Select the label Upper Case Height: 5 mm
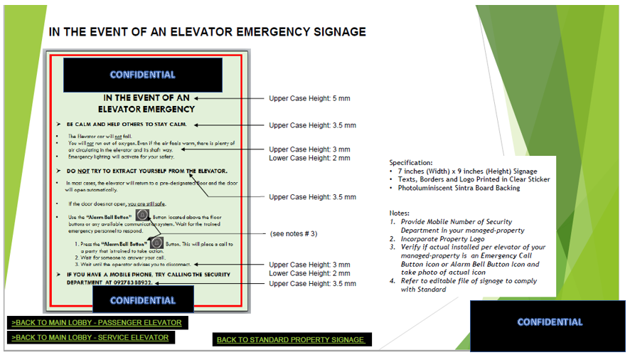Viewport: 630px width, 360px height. (309, 98)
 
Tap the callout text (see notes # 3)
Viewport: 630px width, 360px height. (294, 233)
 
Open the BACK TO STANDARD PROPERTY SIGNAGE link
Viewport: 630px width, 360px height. (290, 340)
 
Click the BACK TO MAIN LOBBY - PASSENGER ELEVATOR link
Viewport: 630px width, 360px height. (97, 323)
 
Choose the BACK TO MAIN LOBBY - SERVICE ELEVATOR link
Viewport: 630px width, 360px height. (90, 337)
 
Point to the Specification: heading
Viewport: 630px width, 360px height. (410, 163)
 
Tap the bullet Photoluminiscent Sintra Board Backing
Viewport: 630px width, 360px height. (459, 188)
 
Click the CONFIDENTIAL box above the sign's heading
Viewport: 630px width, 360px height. (142, 75)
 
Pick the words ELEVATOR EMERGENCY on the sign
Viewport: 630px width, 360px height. (146, 109)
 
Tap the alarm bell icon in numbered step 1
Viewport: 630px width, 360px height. (156, 243)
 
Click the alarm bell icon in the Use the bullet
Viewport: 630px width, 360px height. (142, 215)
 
